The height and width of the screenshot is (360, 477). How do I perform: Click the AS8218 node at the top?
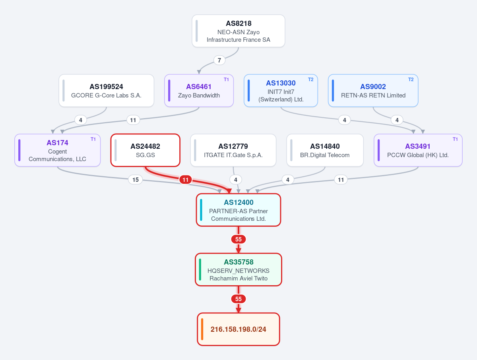(x=238, y=31)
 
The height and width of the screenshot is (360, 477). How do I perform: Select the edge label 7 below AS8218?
(x=219, y=60)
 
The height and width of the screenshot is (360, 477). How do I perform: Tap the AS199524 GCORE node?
(x=106, y=91)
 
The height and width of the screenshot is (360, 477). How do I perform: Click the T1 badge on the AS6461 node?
(x=226, y=80)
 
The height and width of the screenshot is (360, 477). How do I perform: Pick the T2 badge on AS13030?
(x=310, y=80)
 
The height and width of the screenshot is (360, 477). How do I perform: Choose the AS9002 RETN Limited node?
(x=373, y=91)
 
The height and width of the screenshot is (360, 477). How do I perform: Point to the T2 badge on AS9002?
(x=411, y=80)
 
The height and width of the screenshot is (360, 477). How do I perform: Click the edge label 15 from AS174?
(x=136, y=180)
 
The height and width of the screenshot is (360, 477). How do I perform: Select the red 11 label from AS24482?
(x=185, y=180)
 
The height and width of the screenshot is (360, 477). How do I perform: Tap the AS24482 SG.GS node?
(x=145, y=150)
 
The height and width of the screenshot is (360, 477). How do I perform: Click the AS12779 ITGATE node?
(x=233, y=150)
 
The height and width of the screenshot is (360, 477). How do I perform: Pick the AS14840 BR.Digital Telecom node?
(x=325, y=150)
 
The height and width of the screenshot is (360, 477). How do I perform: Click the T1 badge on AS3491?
(x=455, y=139)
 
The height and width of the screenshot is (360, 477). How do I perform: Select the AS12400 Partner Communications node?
(x=238, y=210)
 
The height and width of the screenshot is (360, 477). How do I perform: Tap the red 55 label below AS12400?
(x=238, y=239)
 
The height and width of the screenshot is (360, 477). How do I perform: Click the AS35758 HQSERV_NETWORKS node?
(x=238, y=270)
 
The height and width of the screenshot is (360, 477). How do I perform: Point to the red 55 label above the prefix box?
(x=238, y=299)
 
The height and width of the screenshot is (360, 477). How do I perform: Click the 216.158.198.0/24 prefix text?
(x=238, y=329)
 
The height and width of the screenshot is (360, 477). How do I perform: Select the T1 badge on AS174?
(x=93, y=139)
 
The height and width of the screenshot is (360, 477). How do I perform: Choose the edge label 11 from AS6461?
(x=133, y=120)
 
